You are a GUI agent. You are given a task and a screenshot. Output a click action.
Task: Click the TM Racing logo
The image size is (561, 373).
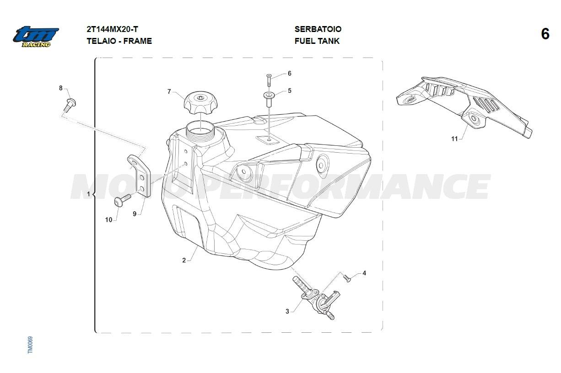(x=36, y=36)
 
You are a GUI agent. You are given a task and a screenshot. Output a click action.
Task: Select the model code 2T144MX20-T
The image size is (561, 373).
(x=112, y=29)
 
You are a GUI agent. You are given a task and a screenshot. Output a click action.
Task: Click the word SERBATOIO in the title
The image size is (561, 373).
(x=318, y=29)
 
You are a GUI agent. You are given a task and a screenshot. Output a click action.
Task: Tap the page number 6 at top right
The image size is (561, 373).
(x=545, y=33)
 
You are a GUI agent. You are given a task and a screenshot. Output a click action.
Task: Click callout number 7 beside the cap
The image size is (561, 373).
(x=169, y=91)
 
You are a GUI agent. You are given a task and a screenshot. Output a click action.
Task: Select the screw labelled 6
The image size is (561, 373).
(x=269, y=80)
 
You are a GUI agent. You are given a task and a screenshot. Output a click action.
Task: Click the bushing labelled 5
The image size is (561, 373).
(x=269, y=99)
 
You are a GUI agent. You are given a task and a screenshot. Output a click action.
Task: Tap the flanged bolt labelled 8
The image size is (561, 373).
(x=70, y=105)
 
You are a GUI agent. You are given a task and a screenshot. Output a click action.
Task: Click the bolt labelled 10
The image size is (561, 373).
(x=123, y=200)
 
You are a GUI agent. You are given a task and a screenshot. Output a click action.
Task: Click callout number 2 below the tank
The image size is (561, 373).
(x=184, y=261)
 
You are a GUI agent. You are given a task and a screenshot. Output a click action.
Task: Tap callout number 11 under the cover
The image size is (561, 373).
(x=454, y=139)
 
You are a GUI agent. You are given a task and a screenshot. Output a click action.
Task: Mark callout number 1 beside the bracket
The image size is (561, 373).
(x=88, y=194)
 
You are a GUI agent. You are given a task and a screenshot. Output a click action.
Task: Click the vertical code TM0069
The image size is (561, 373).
(x=30, y=345)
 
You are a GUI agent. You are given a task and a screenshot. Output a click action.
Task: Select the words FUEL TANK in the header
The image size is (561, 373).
(x=317, y=41)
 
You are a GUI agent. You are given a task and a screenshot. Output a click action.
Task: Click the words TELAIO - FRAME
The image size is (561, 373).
(x=119, y=41)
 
